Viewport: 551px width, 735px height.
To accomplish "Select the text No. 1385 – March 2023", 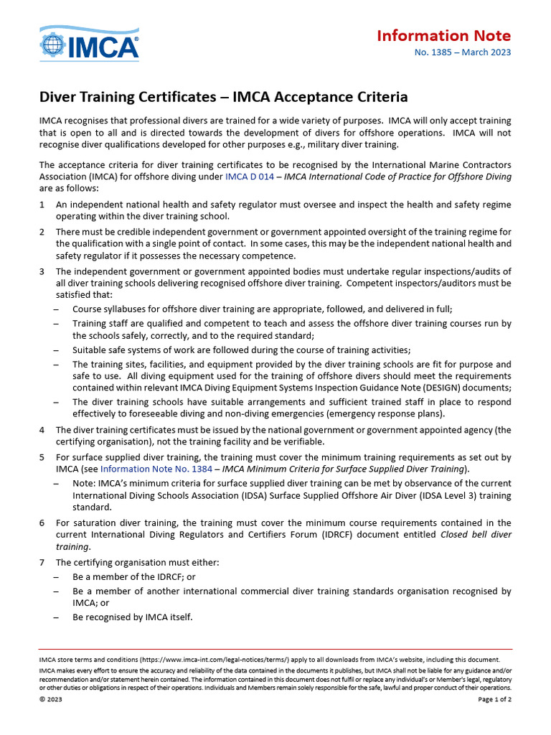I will (x=463, y=52).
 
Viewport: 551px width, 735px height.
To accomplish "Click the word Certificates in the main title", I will (x=160, y=97).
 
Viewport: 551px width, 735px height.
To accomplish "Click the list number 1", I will (x=42, y=205).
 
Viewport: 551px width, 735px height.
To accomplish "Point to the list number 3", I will (x=42, y=271).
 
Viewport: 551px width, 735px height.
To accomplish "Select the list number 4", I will (x=42, y=430).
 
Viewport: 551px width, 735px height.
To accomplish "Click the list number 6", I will (x=42, y=523).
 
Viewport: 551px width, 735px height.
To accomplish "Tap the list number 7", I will (x=42, y=562).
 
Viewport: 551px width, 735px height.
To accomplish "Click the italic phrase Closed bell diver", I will (x=474, y=535).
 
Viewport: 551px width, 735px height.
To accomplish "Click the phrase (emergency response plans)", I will (x=383, y=413).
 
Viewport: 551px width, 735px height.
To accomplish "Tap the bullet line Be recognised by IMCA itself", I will (x=132, y=617).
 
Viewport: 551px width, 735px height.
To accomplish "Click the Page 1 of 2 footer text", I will (x=494, y=701).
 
